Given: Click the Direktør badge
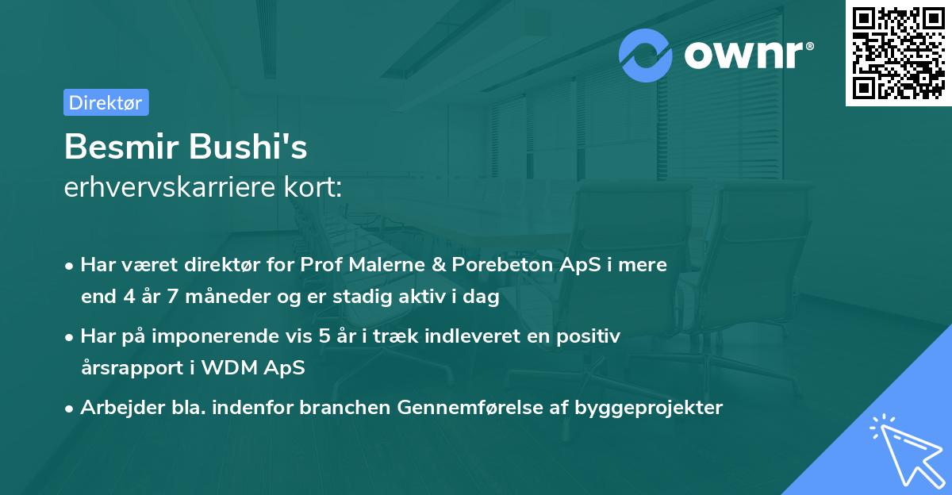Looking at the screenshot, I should coord(106,102).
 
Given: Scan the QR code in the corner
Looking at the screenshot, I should coord(898,52).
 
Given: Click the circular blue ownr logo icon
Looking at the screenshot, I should coord(646,55).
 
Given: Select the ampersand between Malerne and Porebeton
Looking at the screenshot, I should coord(438,265).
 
